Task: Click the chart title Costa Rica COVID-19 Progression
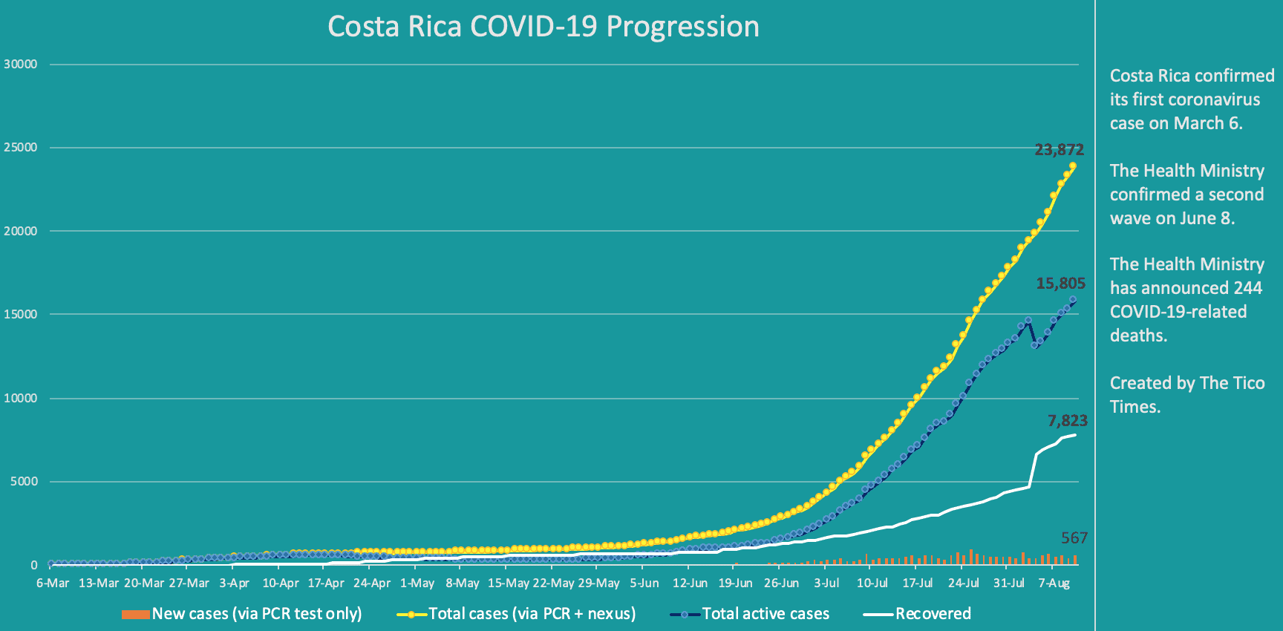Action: (543, 27)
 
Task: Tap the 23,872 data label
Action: (1059, 150)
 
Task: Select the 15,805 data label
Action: (1060, 284)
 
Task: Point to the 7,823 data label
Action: (1067, 421)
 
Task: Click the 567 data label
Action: (1074, 538)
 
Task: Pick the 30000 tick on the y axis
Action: (21, 65)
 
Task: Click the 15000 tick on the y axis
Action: (21, 315)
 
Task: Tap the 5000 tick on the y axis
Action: (24, 482)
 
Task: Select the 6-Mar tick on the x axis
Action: (53, 583)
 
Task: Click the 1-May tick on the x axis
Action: (417, 583)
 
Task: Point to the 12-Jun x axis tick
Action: (690, 583)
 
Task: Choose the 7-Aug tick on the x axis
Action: (1054, 583)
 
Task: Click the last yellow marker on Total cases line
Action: (1073, 166)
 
